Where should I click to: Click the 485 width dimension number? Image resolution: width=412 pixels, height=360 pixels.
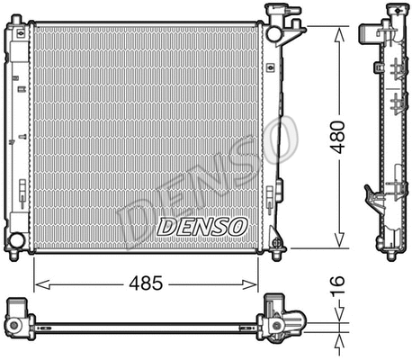144,283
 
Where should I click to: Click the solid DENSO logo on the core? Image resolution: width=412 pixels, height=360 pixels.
200,227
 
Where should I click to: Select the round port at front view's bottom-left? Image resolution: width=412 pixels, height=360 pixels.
15,241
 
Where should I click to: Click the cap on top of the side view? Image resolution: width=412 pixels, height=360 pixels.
391,10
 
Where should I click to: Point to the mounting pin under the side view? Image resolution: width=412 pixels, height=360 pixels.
391,255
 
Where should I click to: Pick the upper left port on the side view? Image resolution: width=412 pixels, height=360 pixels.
369,33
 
